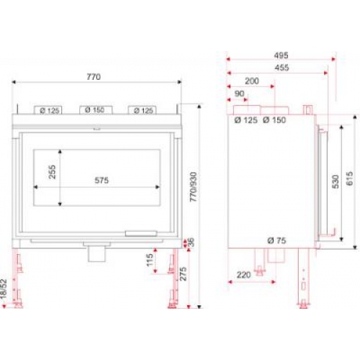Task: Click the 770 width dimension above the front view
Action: pos(94,77)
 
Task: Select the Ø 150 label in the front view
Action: pos(95,110)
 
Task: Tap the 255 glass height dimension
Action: pos(52,171)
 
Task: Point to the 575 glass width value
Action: pos(102,180)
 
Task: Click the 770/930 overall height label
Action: pos(193,187)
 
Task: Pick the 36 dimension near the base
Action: pos(192,243)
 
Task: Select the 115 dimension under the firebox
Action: pos(150,260)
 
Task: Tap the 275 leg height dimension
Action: pos(183,274)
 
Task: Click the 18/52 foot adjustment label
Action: pos(4,289)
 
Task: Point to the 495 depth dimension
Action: pos(281,55)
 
